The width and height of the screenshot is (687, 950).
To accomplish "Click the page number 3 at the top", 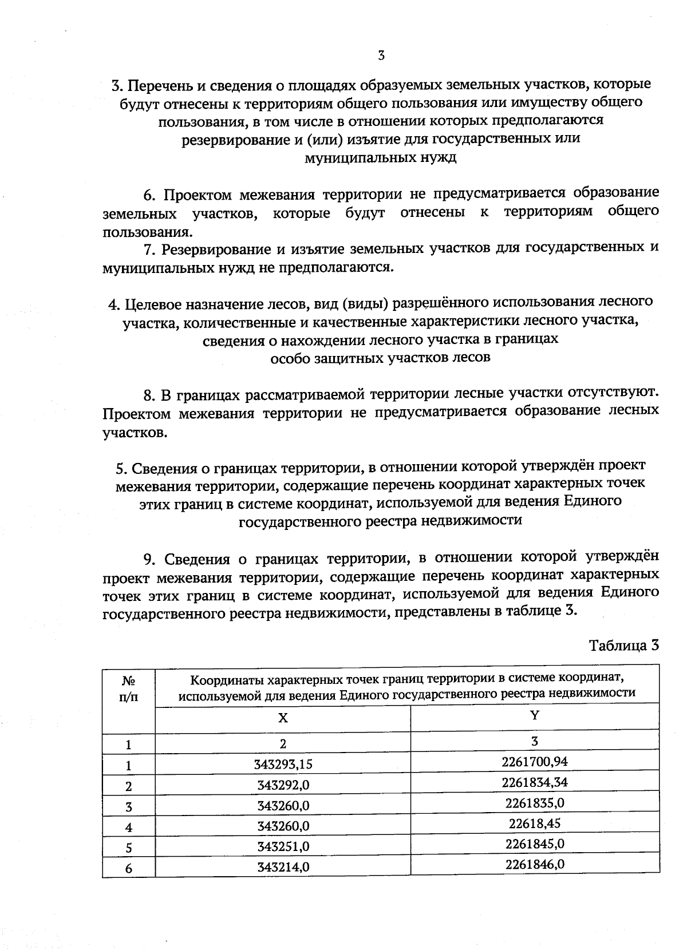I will tap(381, 56).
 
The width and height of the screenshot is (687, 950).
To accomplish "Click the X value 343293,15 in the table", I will tap(283, 765).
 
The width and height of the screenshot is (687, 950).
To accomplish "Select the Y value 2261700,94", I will tap(535, 762).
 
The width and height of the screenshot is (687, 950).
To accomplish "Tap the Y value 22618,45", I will tap(535, 824).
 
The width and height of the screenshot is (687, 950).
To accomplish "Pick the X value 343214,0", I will tap(283, 868).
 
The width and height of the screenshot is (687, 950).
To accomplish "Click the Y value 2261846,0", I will tap(535, 865).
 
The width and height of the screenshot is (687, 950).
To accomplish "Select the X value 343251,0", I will tap(283, 847).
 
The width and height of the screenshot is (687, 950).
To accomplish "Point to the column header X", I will tap(283, 718).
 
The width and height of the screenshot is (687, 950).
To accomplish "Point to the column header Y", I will tap(535, 715).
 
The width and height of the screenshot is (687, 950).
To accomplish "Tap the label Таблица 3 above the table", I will tap(624, 646).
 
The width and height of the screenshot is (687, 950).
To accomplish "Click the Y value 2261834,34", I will tap(535, 782).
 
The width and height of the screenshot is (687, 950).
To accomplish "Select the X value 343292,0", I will tap(283, 785).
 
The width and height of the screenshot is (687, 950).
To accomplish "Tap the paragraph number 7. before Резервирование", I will tap(149, 250).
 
